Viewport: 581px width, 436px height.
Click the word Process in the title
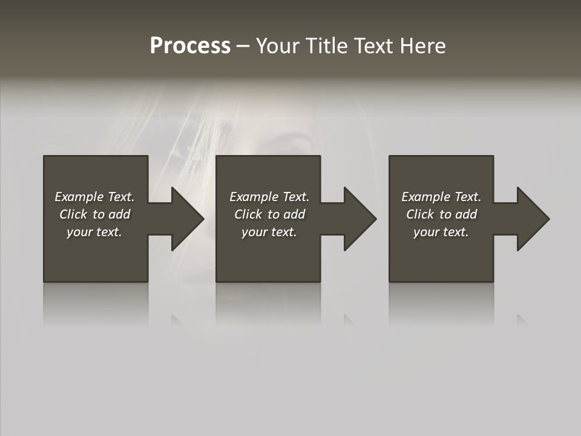(190, 46)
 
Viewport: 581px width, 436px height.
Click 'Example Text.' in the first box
(94, 197)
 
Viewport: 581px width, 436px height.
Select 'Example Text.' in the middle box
(269, 197)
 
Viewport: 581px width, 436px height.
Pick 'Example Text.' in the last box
(441, 197)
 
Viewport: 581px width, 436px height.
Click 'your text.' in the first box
(94, 232)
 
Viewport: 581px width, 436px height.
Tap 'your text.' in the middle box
(269, 232)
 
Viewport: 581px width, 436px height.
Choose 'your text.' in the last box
(441, 232)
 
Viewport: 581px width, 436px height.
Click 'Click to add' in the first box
(94, 214)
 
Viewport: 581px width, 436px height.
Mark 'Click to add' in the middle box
(269, 214)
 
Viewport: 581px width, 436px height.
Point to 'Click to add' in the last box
(441, 214)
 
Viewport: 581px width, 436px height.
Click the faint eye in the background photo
(297, 145)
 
